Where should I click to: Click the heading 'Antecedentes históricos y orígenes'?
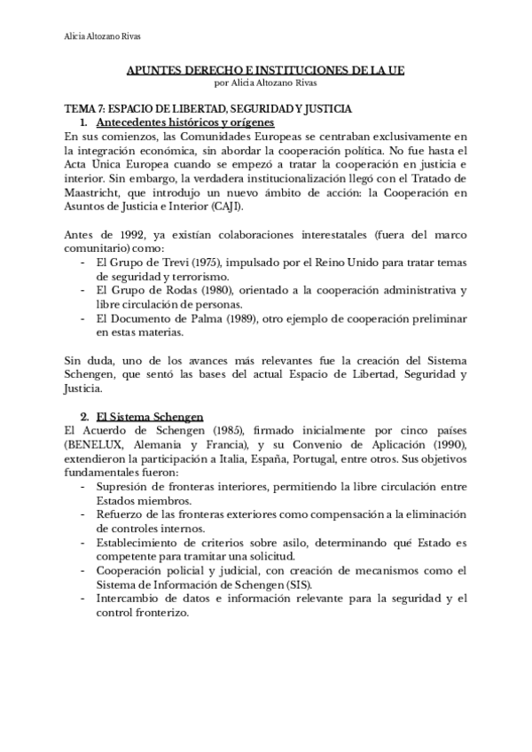coord(184,121)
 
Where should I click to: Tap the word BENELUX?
coord(99,444)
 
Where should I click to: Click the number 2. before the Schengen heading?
coord(82,416)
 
